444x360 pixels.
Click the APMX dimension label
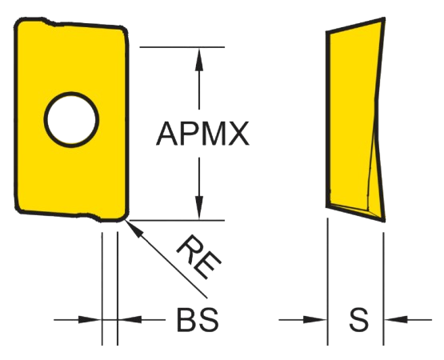pos(202,134)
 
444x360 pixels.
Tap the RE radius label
pos(199,257)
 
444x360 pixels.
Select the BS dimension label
pos(198,320)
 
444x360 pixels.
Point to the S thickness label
pos(358,320)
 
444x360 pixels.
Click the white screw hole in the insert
pos(71,119)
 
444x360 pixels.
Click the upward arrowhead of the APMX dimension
pos(199,59)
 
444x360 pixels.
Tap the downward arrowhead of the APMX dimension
pos(199,208)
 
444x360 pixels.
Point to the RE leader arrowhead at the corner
pos(133,229)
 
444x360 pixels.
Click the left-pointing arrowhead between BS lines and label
pos(130,320)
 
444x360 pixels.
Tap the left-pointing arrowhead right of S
pos(396,320)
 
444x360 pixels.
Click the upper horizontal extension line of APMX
pos(182,47)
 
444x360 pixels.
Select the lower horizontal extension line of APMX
pos(177,220)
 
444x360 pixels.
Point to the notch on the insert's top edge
pos(49,22)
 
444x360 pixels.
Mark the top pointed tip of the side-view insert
pos(384,18)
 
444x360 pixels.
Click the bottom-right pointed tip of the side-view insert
pos(383,220)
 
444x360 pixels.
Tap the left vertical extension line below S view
pos(328,282)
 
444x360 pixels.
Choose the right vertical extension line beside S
pos(384,289)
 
